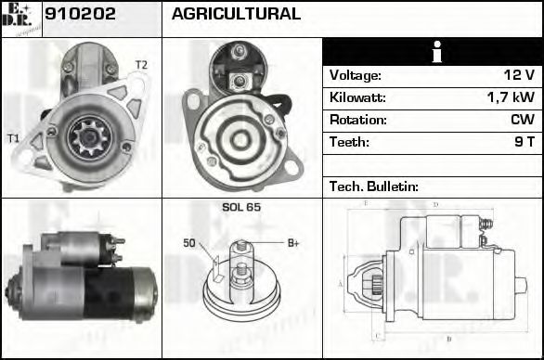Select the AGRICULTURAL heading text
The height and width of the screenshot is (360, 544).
click(236, 14)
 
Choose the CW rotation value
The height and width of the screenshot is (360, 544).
click(521, 120)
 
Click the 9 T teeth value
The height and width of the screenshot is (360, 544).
click(524, 142)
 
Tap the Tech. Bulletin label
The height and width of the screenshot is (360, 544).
click(374, 186)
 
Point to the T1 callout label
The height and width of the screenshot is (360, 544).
click(13, 138)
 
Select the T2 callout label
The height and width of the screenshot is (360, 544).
click(140, 64)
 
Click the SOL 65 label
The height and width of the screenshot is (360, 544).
click(240, 207)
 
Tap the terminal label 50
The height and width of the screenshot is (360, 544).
click(188, 243)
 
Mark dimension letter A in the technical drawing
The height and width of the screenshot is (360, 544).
click(341, 283)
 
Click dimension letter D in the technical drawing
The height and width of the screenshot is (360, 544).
click(435, 204)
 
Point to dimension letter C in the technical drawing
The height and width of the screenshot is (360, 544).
click(375, 336)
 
